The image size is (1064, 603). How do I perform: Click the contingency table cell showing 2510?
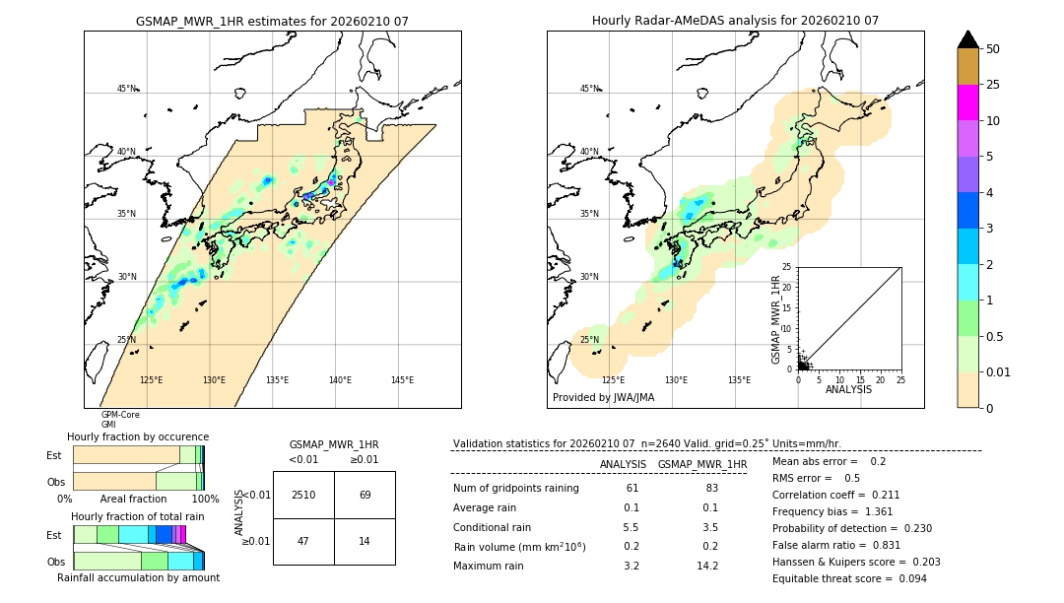click(x=303, y=495)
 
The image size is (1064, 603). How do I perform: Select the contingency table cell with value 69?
click(x=365, y=495)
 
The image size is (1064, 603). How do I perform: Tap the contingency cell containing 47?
click(x=303, y=540)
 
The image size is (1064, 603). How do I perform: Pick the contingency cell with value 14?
click(x=365, y=540)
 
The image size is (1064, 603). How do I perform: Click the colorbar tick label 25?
click(x=993, y=86)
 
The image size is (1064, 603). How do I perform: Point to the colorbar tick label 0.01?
click(x=999, y=372)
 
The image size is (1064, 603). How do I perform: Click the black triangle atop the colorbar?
click(x=968, y=39)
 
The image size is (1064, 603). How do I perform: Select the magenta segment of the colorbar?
click(x=968, y=102)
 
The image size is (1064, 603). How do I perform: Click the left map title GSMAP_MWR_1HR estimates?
click(x=272, y=21)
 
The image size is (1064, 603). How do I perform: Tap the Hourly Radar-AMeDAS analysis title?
click(x=735, y=21)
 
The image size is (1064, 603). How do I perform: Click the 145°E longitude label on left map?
click(x=402, y=380)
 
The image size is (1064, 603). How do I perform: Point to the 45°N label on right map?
click(x=589, y=89)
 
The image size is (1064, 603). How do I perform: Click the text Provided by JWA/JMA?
click(x=603, y=397)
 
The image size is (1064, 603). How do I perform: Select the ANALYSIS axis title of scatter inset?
click(x=848, y=390)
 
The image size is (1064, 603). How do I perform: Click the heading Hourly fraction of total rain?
click(x=137, y=516)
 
